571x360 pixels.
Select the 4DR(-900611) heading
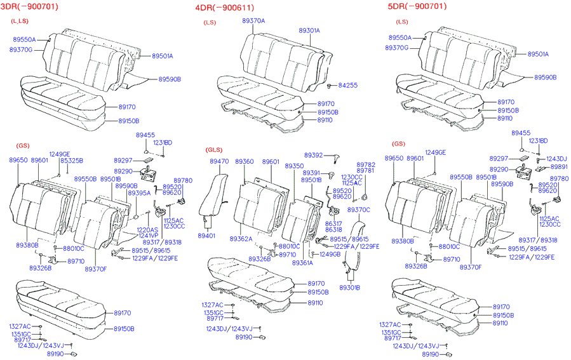pyautogui.click(x=225, y=7)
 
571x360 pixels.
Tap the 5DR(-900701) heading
pyautogui.click(x=417, y=6)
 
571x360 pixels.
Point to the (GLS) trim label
pyautogui.click(x=213, y=150)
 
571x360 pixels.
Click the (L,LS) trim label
pyautogui.click(x=20, y=22)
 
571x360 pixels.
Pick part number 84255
pyautogui.click(x=347, y=84)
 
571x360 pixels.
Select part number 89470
pyautogui.click(x=219, y=161)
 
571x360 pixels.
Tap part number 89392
pyautogui.click(x=313, y=155)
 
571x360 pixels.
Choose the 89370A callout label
pyautogui.click(x=253, y=21)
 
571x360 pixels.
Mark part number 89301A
pyautogui.click(x=309, y=30)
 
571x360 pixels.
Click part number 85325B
pyautogui.click(x=71, y=161)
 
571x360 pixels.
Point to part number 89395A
pyautogui.click(x=138, y=192)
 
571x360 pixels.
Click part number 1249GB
pyautogui.click(x=330, y=254)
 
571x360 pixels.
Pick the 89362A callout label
pyautogui.click(x=241, y=239)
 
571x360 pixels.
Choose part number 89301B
pyautogui.click(x=349, y=288)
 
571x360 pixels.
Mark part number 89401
pyautogui.click(x=206, y=236)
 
